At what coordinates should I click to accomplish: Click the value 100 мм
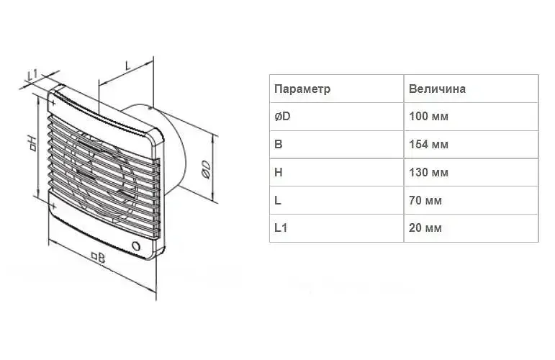(x=428, y=116)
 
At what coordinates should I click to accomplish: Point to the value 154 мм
(x=428, y=144)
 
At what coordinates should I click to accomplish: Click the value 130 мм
(x=428, y=172)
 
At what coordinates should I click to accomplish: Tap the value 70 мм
(x=425, y=200)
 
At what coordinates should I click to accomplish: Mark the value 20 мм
(x=425, y=228)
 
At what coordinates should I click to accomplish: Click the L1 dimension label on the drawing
(x=32, y=75)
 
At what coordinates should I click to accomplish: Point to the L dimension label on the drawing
(x=128, y=64)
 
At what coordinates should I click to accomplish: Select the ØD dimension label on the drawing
(x=206, y=169)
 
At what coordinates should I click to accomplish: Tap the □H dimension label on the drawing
(x=32, y=143)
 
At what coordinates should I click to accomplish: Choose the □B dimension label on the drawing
(x=99, y=256)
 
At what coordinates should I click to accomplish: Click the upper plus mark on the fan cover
(x=53, y=104)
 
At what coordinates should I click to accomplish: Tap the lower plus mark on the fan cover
(x=53, y=206)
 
